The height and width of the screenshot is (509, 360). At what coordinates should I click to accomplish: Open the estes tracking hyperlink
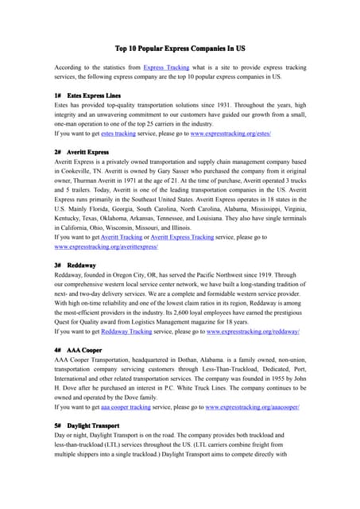pyautogui.click(x=118, y=134)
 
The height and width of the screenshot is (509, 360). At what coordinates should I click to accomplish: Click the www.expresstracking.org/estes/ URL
pyautogui.click(x=230, y=134)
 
